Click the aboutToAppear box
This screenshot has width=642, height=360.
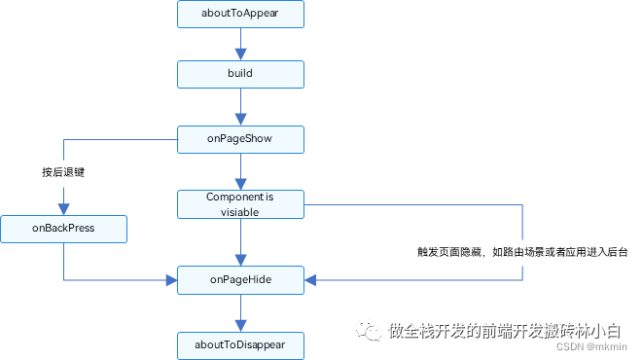[240, 16]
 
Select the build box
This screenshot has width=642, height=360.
[240, 73]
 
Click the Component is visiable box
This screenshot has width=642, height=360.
[240, 203]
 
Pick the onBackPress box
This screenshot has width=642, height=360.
[63, 230]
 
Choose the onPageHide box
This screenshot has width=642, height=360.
[240, 280]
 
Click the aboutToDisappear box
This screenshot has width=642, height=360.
[240, 344]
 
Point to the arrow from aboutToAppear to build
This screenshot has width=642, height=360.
[240, 45]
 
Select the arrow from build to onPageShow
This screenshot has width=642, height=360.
[240, 106]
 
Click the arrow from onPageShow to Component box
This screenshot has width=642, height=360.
[240, 171]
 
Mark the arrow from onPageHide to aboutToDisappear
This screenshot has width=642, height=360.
[240, 312]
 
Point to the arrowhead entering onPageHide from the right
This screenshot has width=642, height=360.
[310, 280]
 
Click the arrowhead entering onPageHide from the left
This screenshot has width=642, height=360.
[170, 280]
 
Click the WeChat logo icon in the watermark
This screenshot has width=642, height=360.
[367, 330]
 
